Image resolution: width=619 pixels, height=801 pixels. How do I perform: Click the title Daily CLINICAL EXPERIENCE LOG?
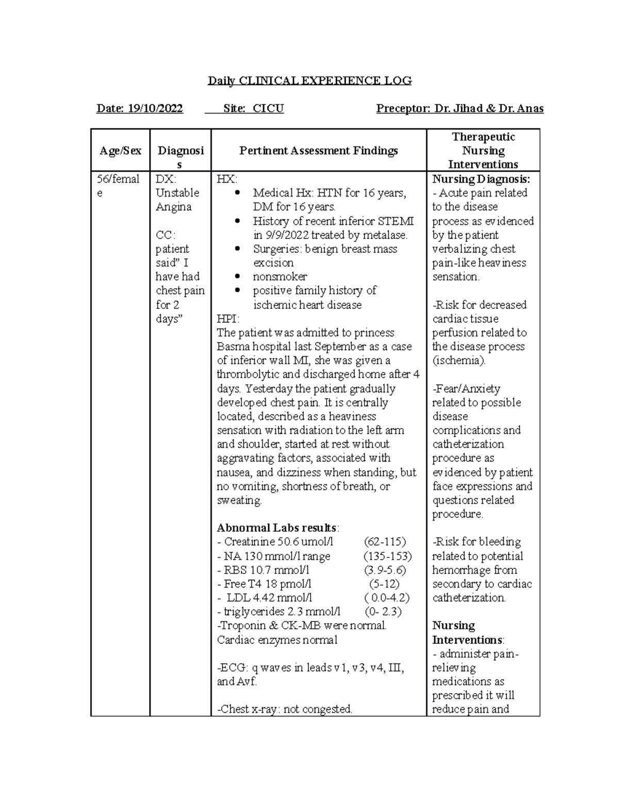(309, 80)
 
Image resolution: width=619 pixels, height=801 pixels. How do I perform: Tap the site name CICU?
(268, 108)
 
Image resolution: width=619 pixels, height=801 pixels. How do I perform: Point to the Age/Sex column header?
(120, 151)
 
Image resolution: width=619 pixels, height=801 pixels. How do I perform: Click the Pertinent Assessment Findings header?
(318, 151)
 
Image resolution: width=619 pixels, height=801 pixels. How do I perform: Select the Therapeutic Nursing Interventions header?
(483, 151)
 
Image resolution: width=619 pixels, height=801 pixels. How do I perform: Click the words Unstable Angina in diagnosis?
(173, 200)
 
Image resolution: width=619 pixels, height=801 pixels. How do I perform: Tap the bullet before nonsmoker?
(237, 276)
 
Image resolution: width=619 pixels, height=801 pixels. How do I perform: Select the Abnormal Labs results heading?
(278, 528)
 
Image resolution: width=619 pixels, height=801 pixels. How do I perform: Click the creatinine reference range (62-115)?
(385, 542)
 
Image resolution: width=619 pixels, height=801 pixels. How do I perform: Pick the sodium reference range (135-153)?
(387, 556)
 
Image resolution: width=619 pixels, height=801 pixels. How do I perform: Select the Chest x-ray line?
(285, 709)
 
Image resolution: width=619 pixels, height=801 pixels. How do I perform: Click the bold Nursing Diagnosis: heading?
(481, 179)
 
